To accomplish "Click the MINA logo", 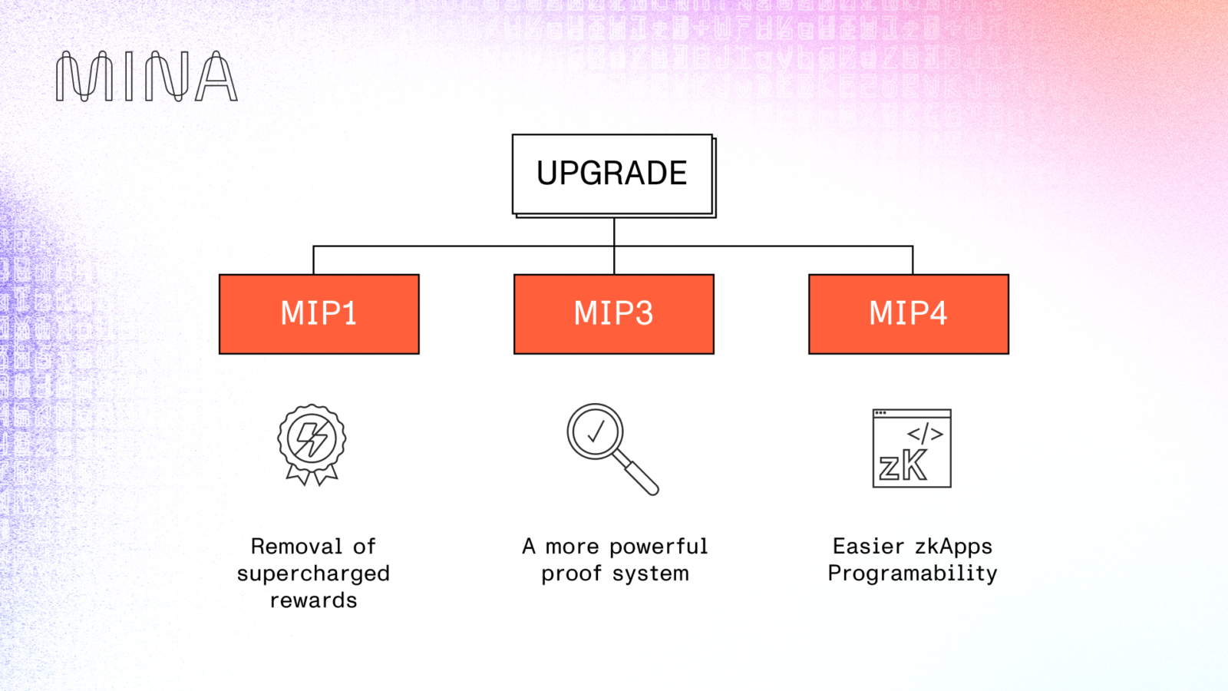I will (x=147, y=77).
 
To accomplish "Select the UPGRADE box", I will (x=612, y=174).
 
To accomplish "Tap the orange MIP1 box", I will (x=319, y=314).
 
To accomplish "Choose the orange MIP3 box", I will (x=614, y=314).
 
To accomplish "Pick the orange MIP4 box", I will (x=909, y=314).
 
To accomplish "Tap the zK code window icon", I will (x=912, y=448).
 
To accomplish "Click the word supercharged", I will (x=313, y=574).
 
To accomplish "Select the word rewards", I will (x=313, y=600).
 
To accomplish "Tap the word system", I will (x=650, y=574).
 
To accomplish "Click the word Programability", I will (x=913, y=574).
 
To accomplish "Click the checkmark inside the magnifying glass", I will (x=596, y=431).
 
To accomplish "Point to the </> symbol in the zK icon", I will (x=926, y=434).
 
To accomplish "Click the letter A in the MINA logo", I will (x=216, y=77).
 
